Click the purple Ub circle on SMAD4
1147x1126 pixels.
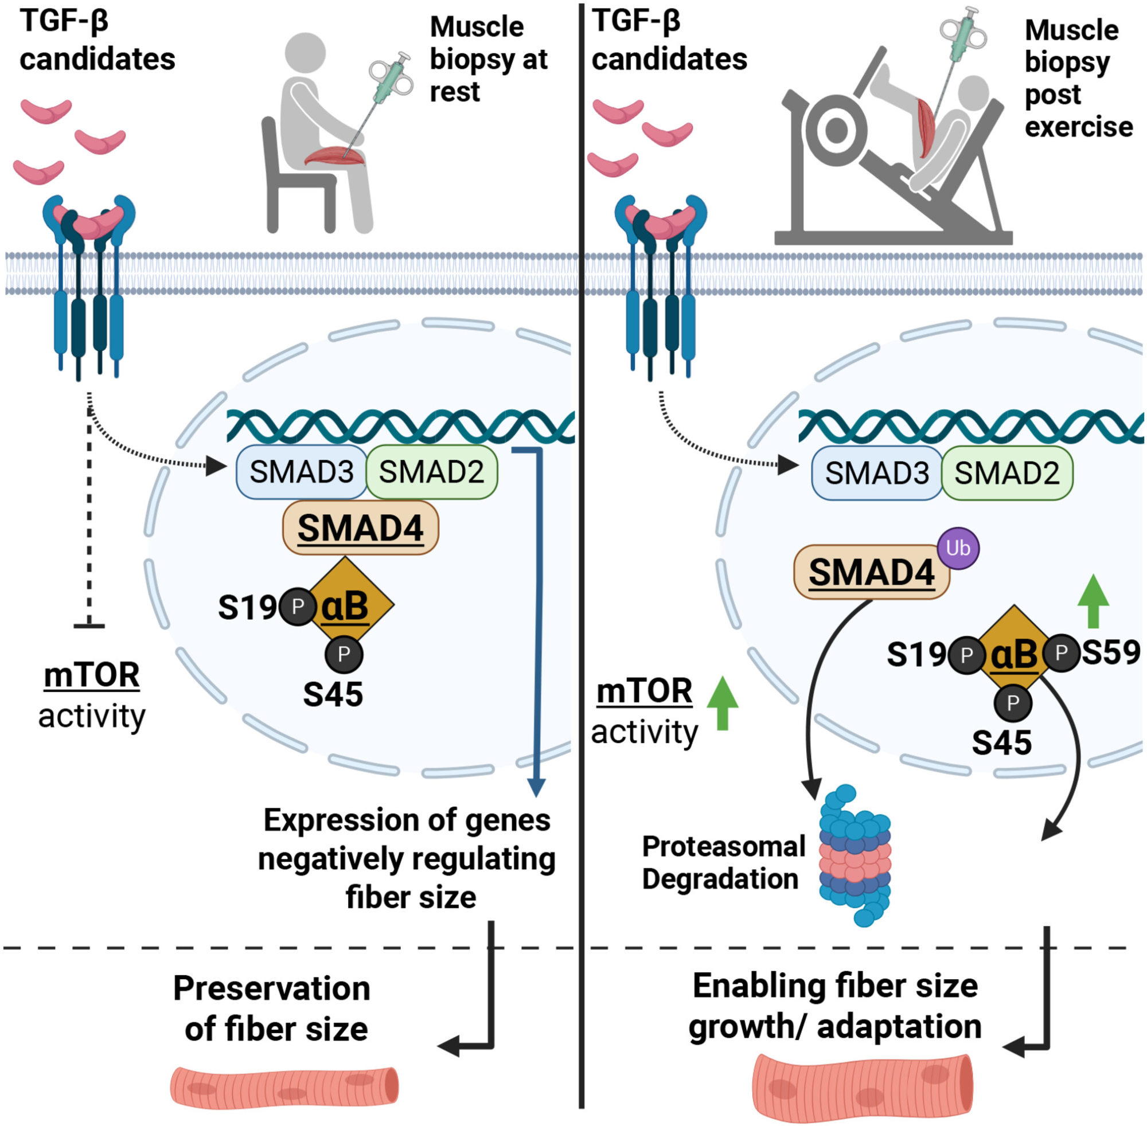click(x=958, y=548)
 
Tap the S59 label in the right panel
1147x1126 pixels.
click(x=1110, y=652)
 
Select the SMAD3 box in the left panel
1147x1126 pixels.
click(x=301, y=471)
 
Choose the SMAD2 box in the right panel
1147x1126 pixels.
click(x=1007, y=473)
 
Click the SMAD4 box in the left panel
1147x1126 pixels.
click(x=360, y=527)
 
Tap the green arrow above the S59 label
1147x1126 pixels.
click(x=1093, y=601)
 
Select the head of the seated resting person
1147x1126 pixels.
click(x=305, y=52)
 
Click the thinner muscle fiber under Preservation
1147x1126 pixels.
click(x=284, y=1086)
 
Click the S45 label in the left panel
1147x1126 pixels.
click(x=333, y=694)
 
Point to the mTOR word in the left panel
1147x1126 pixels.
click(x=92, y=675)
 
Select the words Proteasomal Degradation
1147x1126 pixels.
click(x=723, y=862)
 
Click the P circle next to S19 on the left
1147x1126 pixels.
click(x=297, y=606)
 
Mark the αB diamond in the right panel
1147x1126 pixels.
click(x=1014, y=654)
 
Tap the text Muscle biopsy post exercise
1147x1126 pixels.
click(x=1078, y=78)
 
